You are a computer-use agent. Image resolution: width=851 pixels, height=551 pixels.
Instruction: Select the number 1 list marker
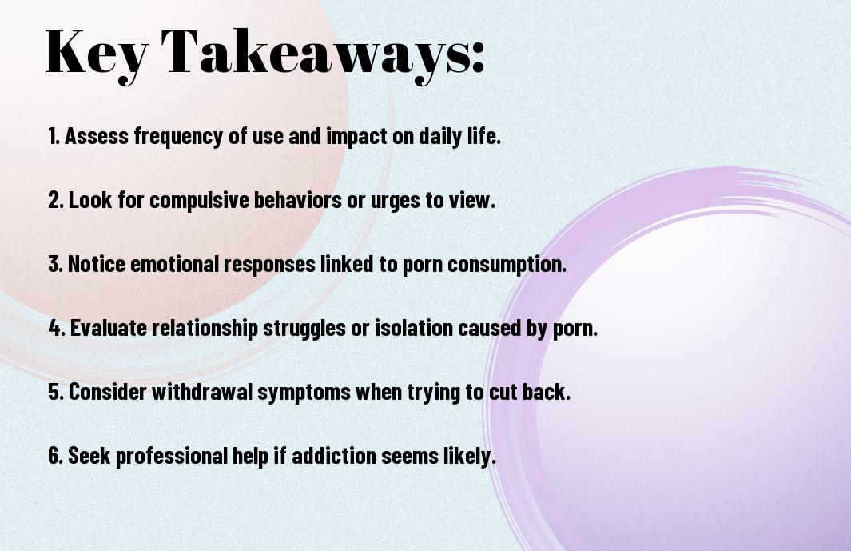point(54,136)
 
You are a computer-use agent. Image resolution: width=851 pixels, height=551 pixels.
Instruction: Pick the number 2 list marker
point(56,200)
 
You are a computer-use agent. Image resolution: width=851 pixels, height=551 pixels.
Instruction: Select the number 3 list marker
point(56,264)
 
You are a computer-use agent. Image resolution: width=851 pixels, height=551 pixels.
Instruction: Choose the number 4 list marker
point(57,328)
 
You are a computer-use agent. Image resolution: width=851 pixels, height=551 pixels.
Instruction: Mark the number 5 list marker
point(56,392)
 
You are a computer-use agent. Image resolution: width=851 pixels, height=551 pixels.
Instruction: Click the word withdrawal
point(202,392)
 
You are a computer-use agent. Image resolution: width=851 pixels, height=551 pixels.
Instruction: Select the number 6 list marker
point(56,456)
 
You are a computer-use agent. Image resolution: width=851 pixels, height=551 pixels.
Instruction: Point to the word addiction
point(334,456)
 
